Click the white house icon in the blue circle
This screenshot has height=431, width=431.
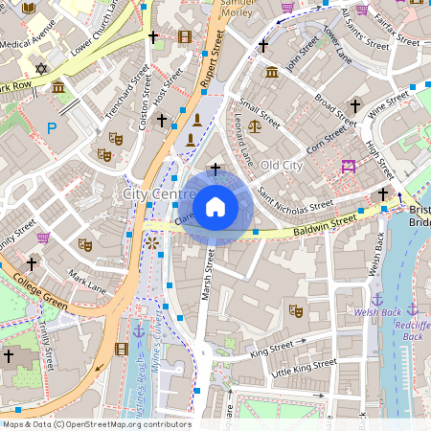(215, 206)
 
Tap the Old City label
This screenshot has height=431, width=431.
(282, 166)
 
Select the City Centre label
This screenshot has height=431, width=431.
(159, 194)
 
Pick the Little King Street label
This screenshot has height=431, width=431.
(305, 367)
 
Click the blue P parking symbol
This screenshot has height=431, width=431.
(52, 127)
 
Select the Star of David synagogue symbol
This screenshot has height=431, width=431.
(40, 68)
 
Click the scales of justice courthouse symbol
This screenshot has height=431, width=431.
(254, 125)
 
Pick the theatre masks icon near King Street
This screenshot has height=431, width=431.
(295, 310)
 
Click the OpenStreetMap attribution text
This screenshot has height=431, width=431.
(96, 423)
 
